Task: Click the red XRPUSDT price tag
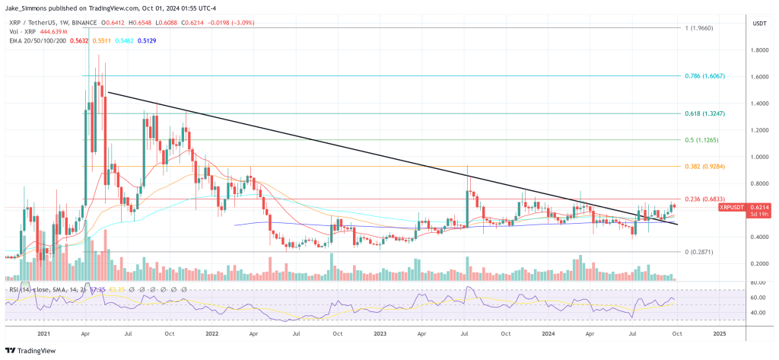tap(733, 206)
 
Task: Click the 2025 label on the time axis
tap(718, 333)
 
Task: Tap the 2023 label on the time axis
tap(382, 333)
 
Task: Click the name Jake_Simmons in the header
tap(28, 6)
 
